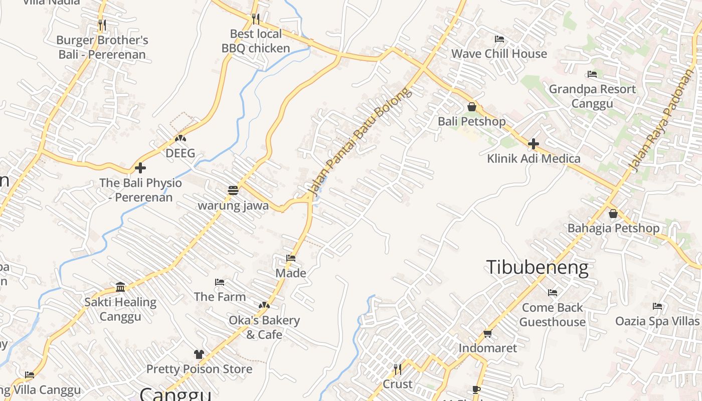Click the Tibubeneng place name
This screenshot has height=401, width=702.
point(537,267)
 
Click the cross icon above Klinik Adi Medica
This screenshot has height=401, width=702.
point(534,144)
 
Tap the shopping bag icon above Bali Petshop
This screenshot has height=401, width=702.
point(471,107)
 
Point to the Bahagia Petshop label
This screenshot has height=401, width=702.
point(613,229)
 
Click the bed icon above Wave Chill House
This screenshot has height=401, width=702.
point(499,39)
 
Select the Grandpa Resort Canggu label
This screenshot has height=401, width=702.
point(592,96)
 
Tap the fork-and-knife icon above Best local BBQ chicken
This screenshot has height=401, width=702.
point(256,19)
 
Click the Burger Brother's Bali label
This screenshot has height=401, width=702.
point(102,47)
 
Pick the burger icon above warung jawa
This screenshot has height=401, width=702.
point(233,190)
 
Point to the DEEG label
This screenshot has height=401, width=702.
point(180,153)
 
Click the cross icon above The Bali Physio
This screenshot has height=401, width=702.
point(140,168)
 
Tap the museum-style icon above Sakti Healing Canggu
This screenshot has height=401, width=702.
point(120,287)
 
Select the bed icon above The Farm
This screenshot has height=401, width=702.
point(220,282)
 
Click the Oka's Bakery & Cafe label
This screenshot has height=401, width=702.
point(264,327)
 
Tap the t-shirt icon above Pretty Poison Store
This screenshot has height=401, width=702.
point(199,354)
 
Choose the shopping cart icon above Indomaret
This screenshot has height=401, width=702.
point(487,333)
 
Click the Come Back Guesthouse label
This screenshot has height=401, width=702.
point(553,314)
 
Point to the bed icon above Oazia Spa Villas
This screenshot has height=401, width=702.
point(657,306)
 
